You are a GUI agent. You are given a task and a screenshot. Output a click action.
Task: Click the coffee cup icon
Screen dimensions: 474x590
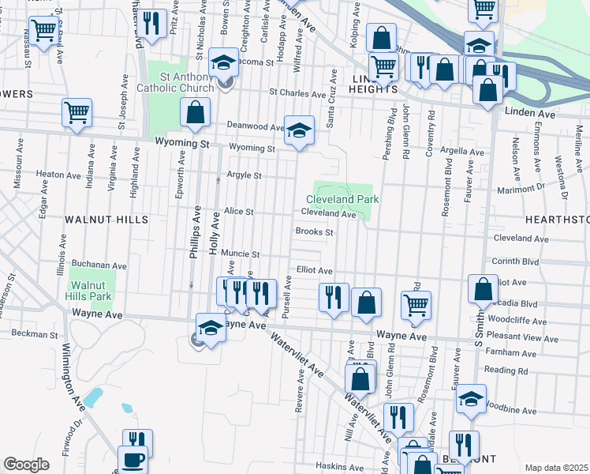[132, 459]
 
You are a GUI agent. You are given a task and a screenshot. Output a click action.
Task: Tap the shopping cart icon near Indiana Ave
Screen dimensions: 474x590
[77, 112]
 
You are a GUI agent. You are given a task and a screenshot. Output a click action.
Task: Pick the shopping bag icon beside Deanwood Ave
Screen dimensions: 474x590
[195, 112]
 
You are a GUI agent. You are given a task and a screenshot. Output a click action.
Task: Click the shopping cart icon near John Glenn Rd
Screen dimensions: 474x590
[416, 304]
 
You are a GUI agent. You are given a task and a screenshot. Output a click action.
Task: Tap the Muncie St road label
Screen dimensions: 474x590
[240, 254]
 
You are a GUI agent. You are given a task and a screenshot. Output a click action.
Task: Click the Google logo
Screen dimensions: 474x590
[26, 465]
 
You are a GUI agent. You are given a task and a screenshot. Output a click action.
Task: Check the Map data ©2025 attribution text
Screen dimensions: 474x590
[556, 468]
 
